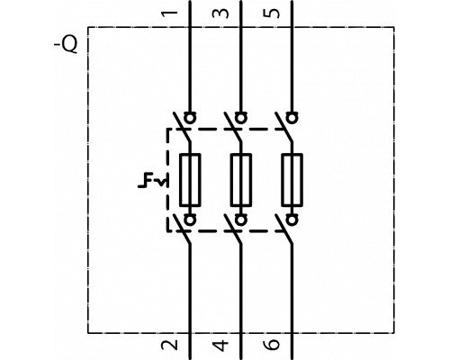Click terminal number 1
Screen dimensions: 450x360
pos(169,14)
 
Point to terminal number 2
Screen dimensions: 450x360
pos(169,345)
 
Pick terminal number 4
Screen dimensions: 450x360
pos(220,345)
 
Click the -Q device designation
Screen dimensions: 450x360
pos(66,45)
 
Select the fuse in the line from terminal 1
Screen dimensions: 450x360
pos(190,180)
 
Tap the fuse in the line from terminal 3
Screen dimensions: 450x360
pos(241,180)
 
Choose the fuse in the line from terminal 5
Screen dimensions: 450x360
pos(292,180)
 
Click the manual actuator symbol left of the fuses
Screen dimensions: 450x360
pos(152,180)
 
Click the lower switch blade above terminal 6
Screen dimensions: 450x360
pos(283,229)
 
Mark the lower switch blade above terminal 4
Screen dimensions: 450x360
pos(233,229)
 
